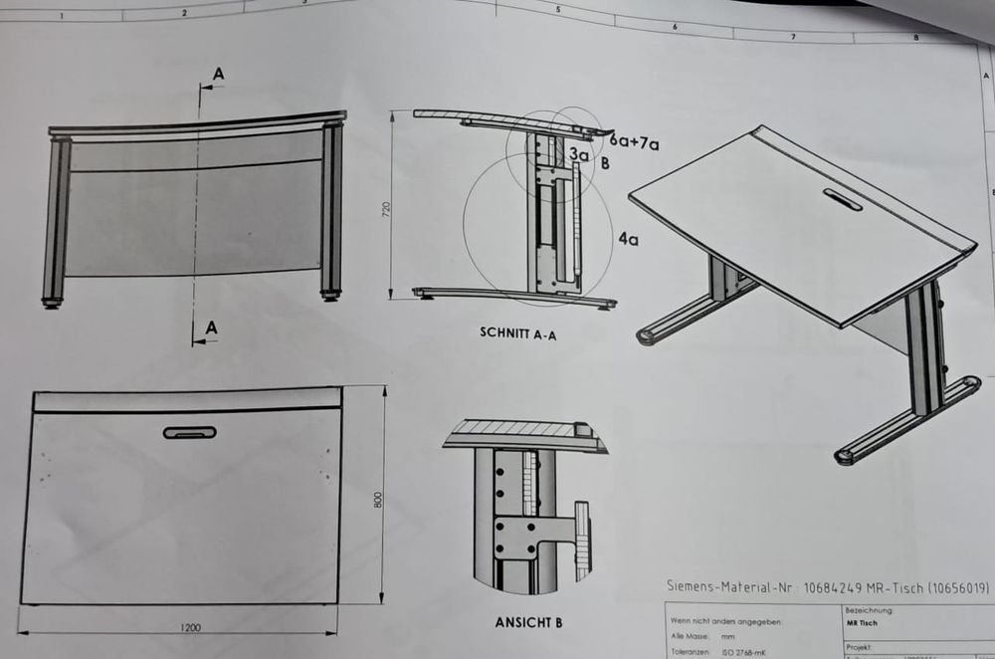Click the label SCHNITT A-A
516,335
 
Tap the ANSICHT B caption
528,623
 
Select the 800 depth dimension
377,499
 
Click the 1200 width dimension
192,627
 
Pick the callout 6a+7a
635,144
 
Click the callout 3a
579,154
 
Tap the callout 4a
628,239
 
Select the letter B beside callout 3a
605,163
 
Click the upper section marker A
218,72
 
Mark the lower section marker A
211,328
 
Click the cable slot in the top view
189,432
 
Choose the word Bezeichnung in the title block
868,609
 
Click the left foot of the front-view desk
53,300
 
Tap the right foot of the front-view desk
329,295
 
